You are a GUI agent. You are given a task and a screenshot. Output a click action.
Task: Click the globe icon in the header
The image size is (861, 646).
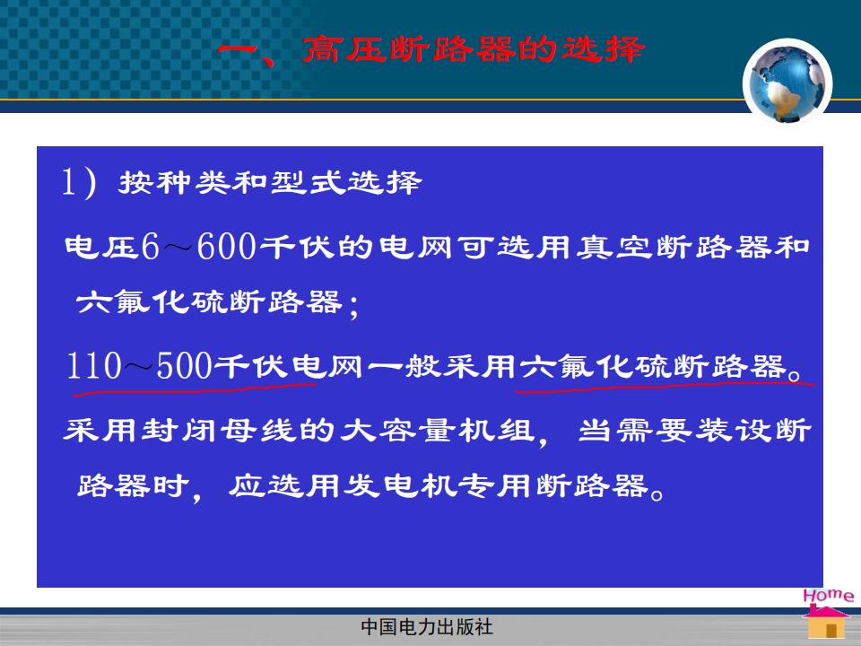(x=787, y=83)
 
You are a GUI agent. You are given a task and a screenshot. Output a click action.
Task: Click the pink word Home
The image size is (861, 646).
(x=828, y=596)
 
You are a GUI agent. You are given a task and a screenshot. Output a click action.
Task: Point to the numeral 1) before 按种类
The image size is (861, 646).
(x=79, y=182)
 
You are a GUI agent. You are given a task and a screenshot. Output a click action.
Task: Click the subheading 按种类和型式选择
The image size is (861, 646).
(x=270, y=182)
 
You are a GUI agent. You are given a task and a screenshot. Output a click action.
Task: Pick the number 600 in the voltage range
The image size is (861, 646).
(x=226, y=246)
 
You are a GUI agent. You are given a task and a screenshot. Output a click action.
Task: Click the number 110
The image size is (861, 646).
(x=93, y=365)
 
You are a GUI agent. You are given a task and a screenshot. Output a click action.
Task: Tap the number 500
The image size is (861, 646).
(x=184, y=365)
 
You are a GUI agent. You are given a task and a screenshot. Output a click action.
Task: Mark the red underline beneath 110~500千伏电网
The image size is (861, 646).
(x=195, y=388)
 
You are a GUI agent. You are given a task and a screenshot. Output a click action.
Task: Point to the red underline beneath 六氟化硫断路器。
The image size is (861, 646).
(x=665, y=388)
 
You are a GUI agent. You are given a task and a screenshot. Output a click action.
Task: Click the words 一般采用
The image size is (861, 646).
(x=441, y=366)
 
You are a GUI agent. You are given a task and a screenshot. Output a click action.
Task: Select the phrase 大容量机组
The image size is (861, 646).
(x=437, y=430)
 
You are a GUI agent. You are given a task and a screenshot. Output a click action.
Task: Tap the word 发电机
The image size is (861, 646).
(x=400, y=485)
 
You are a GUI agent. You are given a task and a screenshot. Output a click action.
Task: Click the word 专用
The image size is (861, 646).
(x=495, y=485)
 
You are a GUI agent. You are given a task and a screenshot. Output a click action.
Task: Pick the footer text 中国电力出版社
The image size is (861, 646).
(x=427, y=627)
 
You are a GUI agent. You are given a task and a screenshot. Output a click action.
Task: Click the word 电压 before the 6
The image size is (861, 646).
(x=101, y=248)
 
